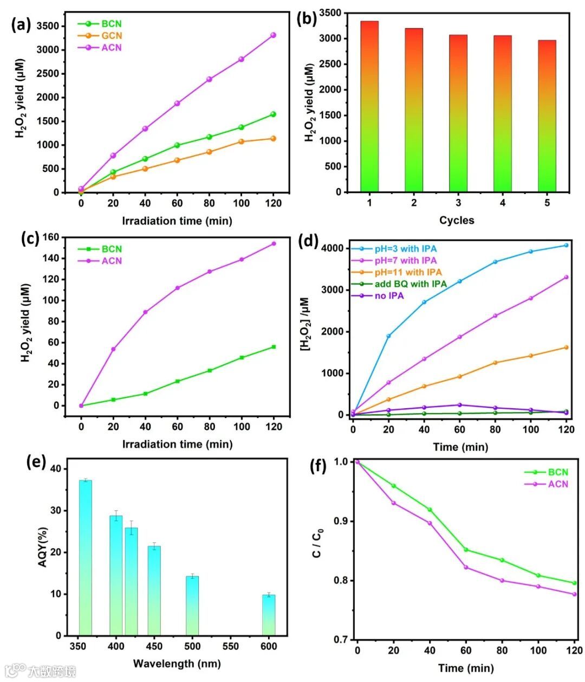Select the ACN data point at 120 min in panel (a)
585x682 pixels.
click(273, 35)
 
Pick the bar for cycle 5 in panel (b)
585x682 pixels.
click(547, 116)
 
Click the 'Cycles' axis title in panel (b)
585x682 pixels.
click(457, 220)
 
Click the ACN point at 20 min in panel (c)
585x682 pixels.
click(113, 349)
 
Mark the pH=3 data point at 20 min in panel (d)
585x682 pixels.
click(388, 336)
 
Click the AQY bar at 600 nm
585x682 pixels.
click(269, 615)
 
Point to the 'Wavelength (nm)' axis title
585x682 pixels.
click(177, 664)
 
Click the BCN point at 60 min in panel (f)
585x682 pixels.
click(466, 550)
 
